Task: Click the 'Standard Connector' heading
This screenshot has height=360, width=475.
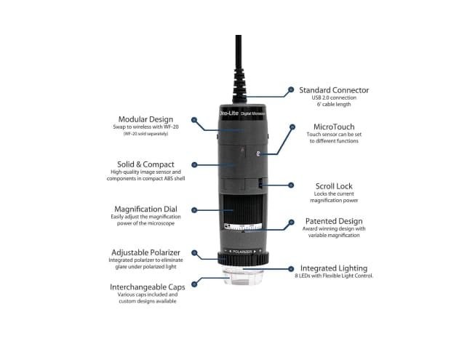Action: [334, 90]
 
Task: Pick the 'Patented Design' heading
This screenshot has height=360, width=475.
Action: [327, 221]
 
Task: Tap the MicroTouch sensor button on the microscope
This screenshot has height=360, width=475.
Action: [258, 154]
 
